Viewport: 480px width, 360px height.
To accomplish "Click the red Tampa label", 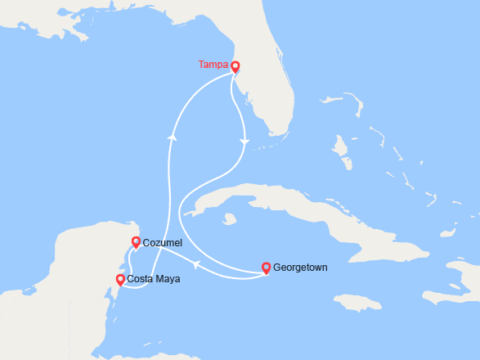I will click(213, 65).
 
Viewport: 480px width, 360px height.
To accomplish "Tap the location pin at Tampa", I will click(235, 67).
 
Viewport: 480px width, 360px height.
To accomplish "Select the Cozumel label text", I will click(162, 243).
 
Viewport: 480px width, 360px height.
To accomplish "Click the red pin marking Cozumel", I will click(137, 241).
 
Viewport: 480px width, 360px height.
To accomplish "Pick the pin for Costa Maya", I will click(120, 280).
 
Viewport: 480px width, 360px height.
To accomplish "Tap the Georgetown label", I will click(300, 268).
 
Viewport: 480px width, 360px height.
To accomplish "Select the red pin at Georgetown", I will click(266, 267).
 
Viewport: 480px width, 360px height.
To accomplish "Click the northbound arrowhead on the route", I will click(173, 137).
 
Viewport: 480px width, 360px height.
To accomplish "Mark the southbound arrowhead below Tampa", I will click(244, 143).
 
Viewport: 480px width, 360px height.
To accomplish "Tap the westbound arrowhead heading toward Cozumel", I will click(196, 263).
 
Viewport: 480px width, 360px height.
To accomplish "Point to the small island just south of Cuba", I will click(230, 219).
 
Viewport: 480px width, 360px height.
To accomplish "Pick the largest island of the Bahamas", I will click(340, 151).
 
